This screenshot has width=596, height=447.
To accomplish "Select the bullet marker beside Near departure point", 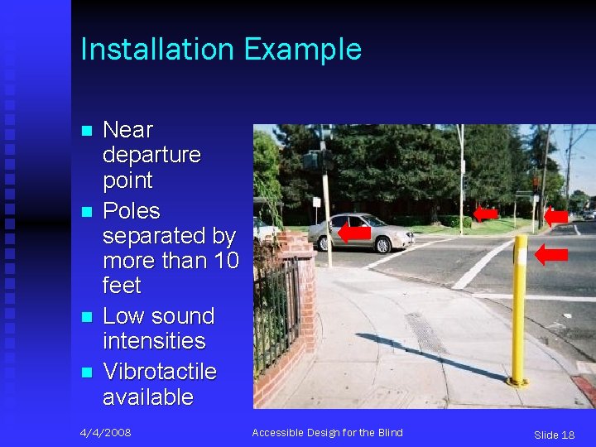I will pos(85,132).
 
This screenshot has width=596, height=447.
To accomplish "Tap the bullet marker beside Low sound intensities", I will pos(85,318).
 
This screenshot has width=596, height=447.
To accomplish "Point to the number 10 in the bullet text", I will pos(226,261).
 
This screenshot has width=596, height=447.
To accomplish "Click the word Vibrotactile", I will pos(159,372).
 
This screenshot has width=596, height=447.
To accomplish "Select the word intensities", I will pos(154,340).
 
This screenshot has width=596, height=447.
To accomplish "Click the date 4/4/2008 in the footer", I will pos(105,433).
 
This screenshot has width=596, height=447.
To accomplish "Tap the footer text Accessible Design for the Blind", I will pos(327,433).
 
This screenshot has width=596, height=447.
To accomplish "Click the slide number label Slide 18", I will pos(554,435).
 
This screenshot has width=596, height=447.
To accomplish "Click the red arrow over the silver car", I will pos(354,233).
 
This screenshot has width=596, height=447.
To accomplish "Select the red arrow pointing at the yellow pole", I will pos(550,254).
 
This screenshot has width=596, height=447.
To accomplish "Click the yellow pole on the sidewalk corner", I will pos(519,306).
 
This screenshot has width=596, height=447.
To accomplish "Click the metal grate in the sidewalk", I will pos(425,333).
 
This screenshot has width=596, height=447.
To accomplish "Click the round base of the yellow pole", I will pos(518,382).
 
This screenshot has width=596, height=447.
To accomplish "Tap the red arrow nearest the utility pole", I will pos(555,216).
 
